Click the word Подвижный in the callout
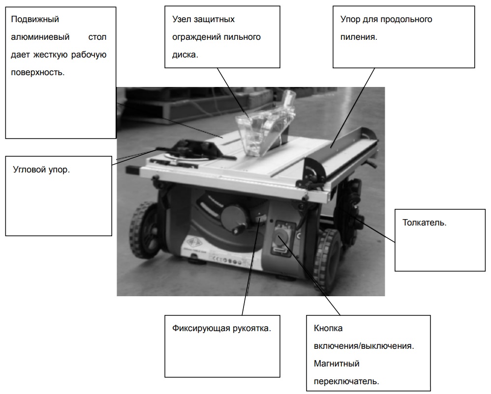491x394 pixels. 35,19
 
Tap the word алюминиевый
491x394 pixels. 40,37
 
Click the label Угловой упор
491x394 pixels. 41,170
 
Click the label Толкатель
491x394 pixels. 424,223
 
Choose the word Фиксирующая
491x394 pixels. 201,329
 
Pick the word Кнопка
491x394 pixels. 328,328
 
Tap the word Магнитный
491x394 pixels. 337,364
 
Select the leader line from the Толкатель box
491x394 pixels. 368,226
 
